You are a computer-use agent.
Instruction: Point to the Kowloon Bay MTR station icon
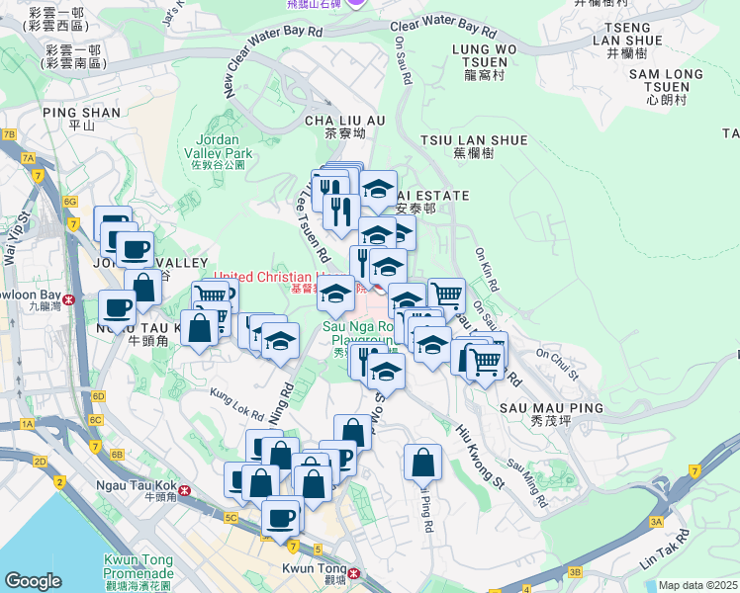click(x=69, y=298)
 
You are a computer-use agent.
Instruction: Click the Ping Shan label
click(x=82, y=119)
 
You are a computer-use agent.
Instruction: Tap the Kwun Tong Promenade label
click(x=139, y=567)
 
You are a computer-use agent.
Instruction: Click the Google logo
click(x=34, y=581)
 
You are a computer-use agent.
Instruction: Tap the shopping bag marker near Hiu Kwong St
click(x=422, y=462)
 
